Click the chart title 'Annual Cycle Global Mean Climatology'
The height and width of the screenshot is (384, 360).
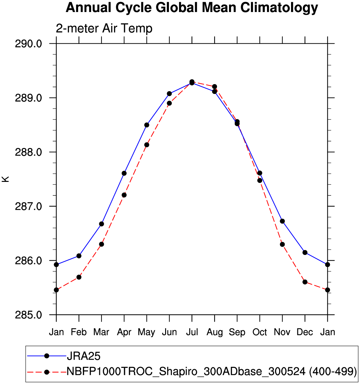coord(192,8)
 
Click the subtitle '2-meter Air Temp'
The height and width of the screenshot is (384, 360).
coord(104,28)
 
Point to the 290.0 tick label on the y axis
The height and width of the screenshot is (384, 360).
coord(28,44)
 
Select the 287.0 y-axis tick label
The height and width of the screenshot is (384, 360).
coord(28,207)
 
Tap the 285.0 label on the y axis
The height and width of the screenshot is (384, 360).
coord(28,315)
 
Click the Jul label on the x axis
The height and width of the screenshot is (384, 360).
coord(192,332)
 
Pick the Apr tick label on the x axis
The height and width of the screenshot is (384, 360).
coord(124,332)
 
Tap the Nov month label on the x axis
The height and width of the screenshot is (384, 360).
coord(282,332)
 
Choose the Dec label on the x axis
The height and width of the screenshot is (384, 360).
coord(305,332)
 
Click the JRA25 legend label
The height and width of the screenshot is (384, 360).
coord(84,356)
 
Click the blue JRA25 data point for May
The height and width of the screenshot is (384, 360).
coord(147,125)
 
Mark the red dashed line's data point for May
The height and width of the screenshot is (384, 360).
coord(147,145)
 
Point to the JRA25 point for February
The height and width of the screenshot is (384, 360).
coord(79,256)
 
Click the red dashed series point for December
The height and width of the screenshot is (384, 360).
coord(305,282)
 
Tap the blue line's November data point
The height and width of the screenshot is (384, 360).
coord(282,221)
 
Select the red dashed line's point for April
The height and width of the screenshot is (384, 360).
coord(124,195)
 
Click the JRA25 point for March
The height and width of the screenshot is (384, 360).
coord(102,224)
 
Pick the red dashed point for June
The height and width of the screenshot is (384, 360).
coord(169,103)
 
